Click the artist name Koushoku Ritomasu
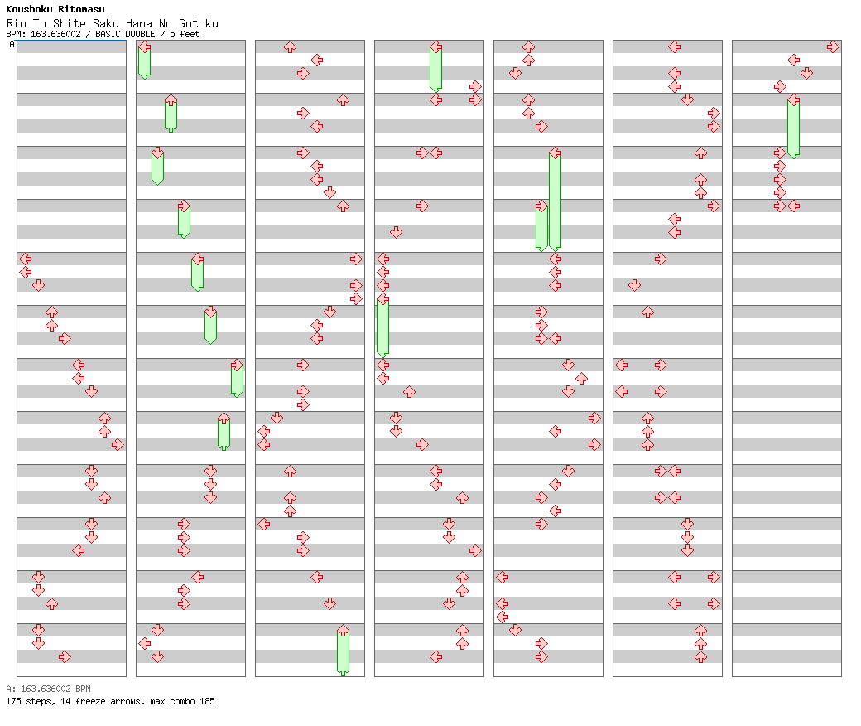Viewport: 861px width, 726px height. pos(55,9)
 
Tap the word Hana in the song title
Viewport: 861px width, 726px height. pos(138,24)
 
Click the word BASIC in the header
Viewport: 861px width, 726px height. pos(108,34)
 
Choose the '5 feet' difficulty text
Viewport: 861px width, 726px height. pos(185,34)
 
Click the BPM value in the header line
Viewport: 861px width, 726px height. pos(55,34)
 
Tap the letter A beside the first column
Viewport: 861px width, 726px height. pos(12,45)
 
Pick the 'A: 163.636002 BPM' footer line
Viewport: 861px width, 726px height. pos(48,689)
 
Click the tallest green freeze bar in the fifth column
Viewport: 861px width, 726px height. pos(556,201)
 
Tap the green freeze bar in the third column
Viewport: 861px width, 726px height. pos(344,652)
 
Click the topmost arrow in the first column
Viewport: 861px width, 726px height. pos(26,259)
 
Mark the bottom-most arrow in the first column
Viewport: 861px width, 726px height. pos(65,656)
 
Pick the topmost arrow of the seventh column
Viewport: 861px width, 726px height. pos(833,46)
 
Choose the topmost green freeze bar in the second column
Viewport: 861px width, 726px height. pos(144,62)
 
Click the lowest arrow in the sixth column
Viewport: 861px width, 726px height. pos(700,656)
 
